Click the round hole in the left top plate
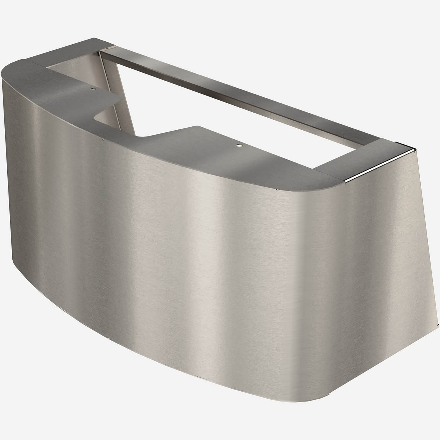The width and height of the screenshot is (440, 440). point(93,88)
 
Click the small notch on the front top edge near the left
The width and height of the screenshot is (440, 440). point(102,140)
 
